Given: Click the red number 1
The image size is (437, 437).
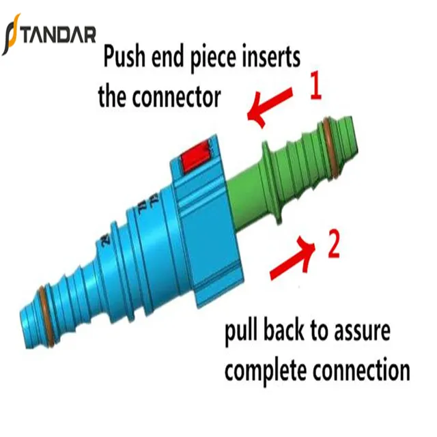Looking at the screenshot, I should (x=315, y=88).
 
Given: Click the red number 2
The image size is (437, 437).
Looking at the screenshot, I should (x=333, y=246).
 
